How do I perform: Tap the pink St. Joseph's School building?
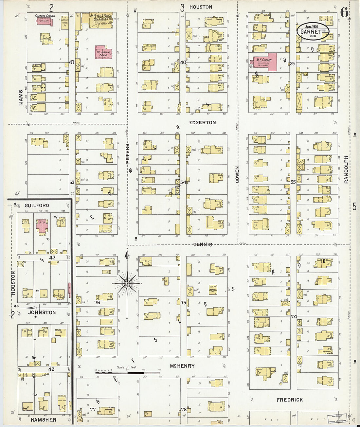(x=104, y=53)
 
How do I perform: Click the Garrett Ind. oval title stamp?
(x=313, y=31)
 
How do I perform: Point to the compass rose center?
(x=127, y=283)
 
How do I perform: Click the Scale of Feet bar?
(x=127, y=371)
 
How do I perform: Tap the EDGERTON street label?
(x=203, y=123)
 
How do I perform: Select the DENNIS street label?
(x=203, y=244)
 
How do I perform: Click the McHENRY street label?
(x=182, y=366)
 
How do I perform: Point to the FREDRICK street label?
(x=289, y=400)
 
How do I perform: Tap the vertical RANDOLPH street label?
(x=346, y=169)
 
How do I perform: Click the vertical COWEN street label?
(x=237, y=175)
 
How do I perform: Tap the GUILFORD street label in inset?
(x=37, y=205)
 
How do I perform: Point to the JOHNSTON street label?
(x=42, y=312)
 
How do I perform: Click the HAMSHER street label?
(x=44, y=420)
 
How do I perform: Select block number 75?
(x=183, y=303)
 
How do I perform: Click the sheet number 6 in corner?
(x=344, y=12)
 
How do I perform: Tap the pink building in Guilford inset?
(x=42, y=225)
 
